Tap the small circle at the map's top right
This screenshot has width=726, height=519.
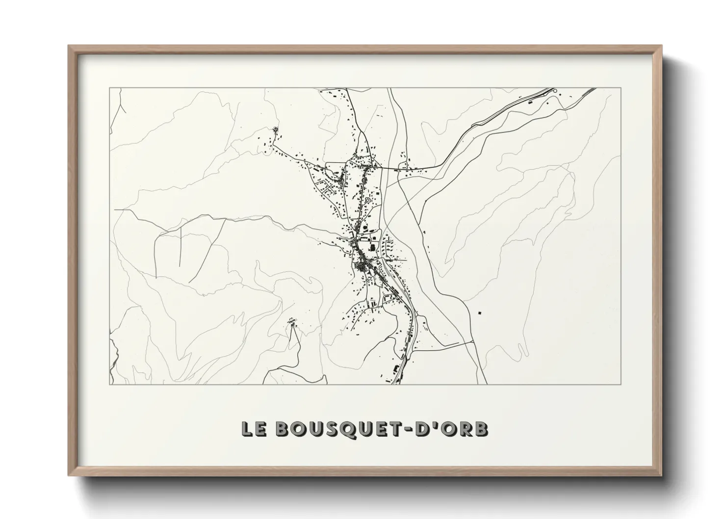tap(555, 91)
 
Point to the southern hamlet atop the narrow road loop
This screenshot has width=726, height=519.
tap(293, 322)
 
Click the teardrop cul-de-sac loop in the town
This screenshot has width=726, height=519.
tap(367, 200)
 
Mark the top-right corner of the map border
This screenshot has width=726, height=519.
tap(621, 88)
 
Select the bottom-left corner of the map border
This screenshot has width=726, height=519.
tap(110, 384)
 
